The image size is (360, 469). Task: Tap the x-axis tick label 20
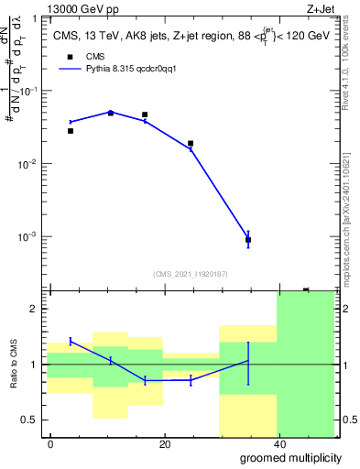coord(165,444)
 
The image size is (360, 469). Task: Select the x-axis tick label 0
coord(51,444)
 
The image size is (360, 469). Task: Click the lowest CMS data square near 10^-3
coord(248,240)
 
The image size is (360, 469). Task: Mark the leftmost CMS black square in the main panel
coord(71,131)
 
